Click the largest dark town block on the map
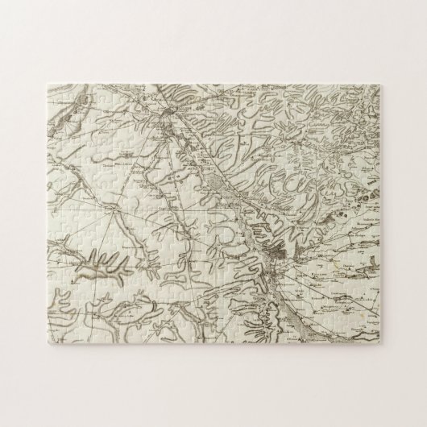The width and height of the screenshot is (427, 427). tap(278, 259)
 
